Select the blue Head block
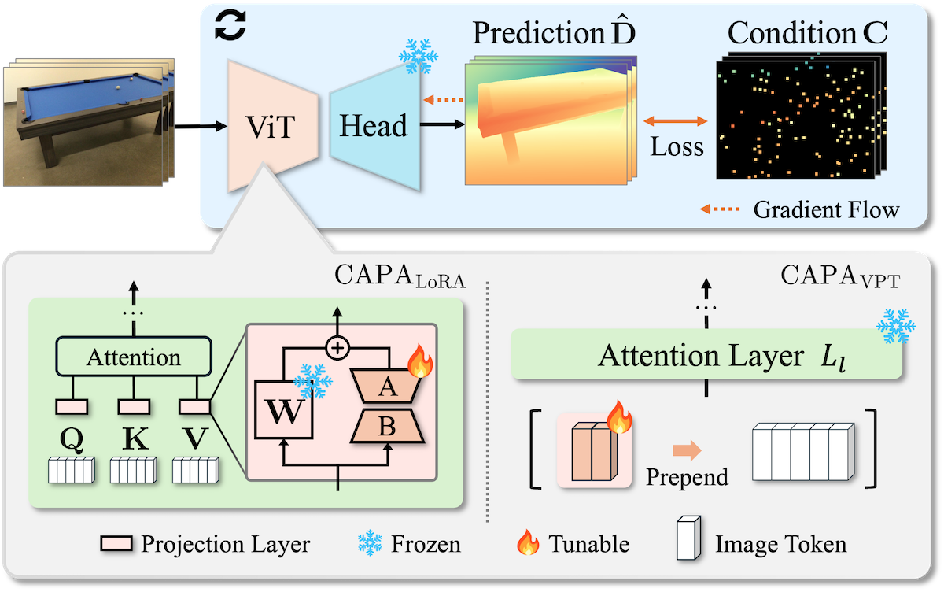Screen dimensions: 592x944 (373, 126)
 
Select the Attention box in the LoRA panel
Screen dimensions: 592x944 (134, 358)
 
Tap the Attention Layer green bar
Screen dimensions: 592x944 (706, 357)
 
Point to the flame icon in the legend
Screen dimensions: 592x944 (528, 543)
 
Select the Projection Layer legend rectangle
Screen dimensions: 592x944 (117, 544)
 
